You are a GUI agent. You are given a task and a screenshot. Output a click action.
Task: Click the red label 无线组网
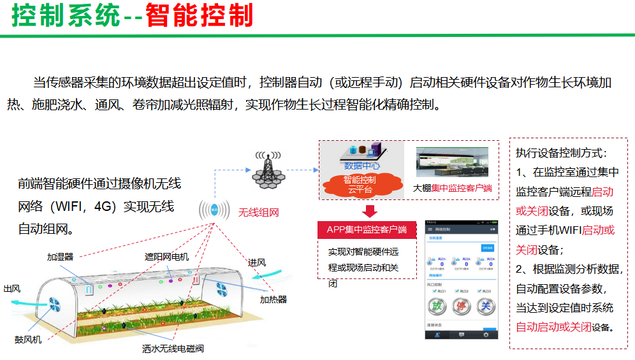(259, 213)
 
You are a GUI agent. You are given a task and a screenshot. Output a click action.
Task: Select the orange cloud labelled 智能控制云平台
(361, 184)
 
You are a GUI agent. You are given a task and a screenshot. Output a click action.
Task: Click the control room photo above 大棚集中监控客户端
(452, 162)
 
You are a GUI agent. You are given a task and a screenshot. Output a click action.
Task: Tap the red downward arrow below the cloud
(370, 211)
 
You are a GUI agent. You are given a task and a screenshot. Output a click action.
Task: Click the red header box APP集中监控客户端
(367, 229)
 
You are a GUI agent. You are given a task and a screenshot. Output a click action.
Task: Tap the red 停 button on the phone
(461, 306)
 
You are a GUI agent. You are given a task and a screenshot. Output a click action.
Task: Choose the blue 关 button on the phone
(485, 306)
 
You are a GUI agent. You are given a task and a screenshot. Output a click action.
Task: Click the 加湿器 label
(60, 257)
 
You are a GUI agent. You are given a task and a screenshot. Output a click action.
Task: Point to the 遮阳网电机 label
(166, 257)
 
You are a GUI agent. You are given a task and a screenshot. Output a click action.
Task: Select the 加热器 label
(273, 299)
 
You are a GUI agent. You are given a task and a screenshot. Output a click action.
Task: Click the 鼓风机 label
(28, 340)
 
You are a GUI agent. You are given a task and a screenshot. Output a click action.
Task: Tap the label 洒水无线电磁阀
(173, 349)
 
